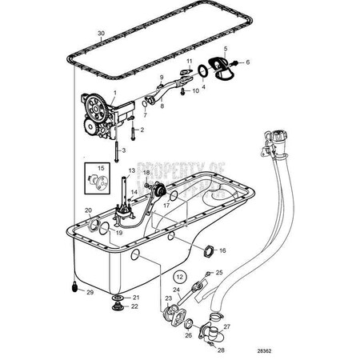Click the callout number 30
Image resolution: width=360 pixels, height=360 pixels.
(101, 34)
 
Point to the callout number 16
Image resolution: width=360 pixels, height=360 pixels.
(222, 250)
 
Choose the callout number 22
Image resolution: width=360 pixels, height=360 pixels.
(134, 306)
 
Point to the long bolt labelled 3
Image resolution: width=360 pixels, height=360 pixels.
(116, 150)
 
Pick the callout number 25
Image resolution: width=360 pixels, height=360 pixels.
(219, 274)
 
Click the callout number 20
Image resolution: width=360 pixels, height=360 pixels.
(89, 210)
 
